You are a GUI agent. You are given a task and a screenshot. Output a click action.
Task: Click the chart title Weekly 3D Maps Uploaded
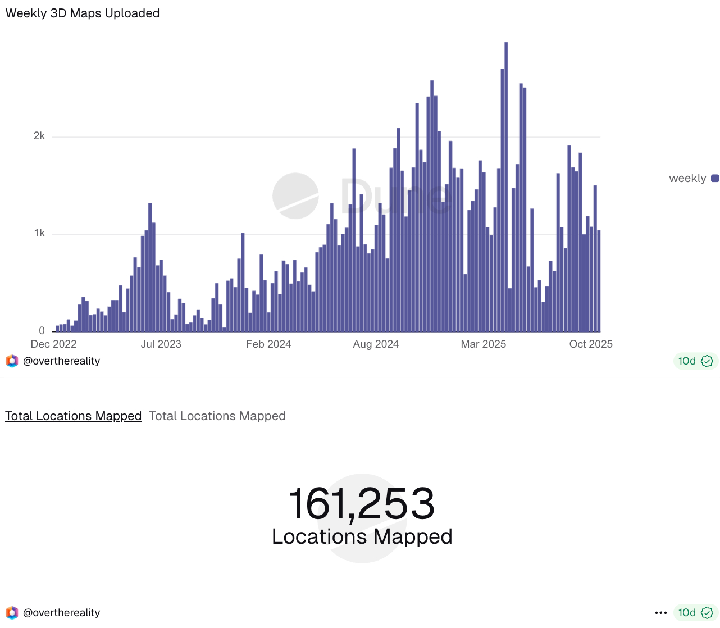click(83, 13)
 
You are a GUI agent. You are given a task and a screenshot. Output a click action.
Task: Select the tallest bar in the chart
click(506, 185)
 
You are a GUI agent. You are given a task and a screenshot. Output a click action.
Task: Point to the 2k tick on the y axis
click(39, 136)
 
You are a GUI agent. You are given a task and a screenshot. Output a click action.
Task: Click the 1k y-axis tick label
click(39, 233)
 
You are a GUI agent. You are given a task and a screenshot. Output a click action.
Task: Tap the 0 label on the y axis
click(42, 331)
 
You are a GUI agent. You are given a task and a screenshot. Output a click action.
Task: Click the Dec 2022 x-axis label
click(53, 344)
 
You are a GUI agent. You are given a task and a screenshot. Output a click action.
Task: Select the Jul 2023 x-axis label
click(161, 344)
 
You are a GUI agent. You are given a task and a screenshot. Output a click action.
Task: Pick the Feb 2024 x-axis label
click(268, 344)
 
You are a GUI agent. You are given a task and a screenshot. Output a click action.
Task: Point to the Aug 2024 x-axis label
click(376, 344)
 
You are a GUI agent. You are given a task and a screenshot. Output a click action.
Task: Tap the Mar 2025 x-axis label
click(484, 344)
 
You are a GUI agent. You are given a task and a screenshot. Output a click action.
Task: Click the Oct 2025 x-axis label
click(591, 344)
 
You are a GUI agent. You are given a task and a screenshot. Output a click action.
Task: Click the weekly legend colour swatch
click(715, 179)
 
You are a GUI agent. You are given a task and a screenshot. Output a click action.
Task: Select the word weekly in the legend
click(687, 179)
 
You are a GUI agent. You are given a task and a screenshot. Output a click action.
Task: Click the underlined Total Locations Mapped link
click(74, 416)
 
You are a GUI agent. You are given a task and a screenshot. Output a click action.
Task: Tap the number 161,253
click(362, 503)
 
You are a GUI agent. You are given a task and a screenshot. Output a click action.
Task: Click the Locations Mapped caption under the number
click(362, 537)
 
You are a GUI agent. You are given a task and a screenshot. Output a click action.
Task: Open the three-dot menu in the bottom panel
click(661, 613)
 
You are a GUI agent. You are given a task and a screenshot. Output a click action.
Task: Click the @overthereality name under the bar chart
click(61, 361)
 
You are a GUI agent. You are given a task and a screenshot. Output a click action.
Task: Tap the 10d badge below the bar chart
click(695, 361)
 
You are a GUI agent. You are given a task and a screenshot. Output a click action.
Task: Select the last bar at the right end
click(599, 281)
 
